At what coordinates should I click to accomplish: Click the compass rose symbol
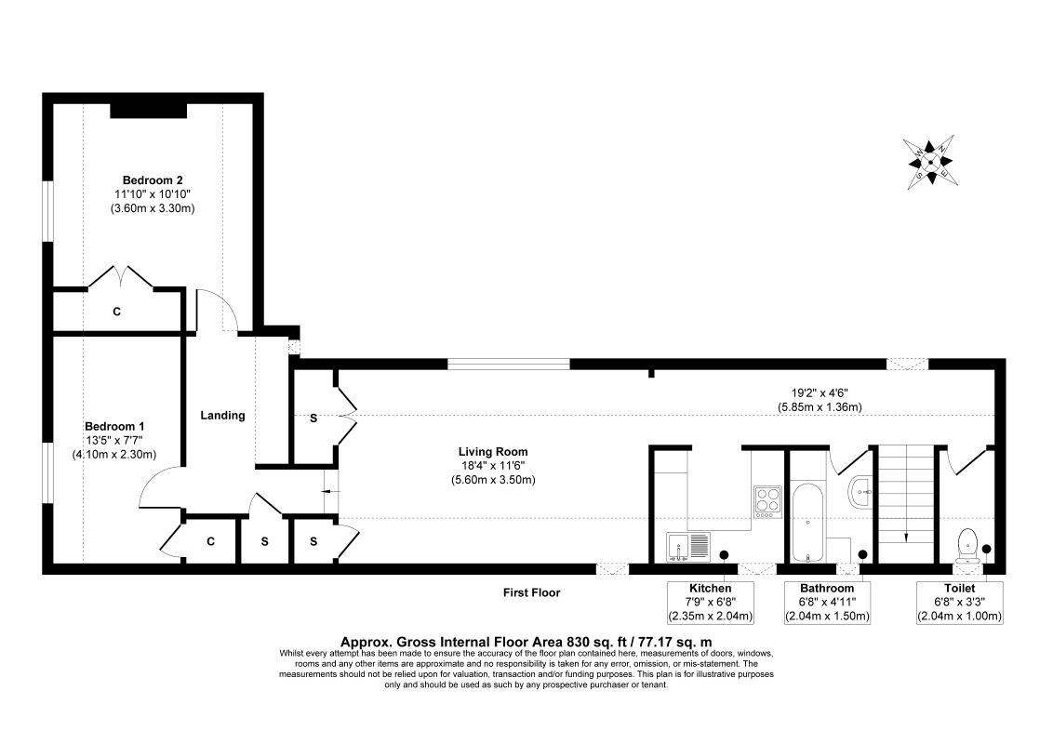931,161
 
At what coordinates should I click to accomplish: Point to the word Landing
222,416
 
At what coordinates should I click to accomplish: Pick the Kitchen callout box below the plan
709,602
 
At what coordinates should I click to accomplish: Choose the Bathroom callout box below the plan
827,602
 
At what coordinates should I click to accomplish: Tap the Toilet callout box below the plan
958,602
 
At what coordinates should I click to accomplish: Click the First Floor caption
531,592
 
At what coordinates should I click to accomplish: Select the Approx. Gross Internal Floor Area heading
526,641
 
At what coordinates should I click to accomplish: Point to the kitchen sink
688,547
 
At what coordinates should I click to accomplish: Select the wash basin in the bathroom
860,491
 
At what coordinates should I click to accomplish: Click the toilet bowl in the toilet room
966,544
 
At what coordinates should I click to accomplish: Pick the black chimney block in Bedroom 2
149,110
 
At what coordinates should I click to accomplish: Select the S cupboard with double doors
313,418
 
